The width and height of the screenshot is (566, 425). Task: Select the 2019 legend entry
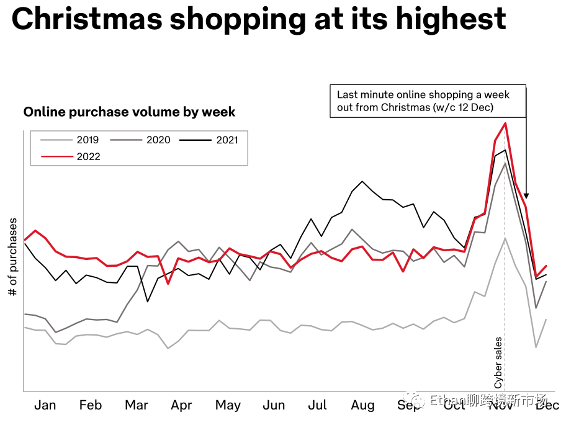pyautogui.click(x=88, y=140)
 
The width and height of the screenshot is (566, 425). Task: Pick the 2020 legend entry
pyautogui.click(x=158, y=140)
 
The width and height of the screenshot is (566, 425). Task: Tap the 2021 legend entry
pyautogui.click(x=227, y=140)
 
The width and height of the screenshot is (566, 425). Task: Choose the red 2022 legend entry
pyautogui.click(x=88, y=156)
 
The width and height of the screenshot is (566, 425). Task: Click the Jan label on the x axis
pyautogui.click(x=45, y=405)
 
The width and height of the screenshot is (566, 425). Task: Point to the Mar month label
pyautogui.click(x=137, y=405)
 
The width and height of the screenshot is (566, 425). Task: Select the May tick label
pyautogui.click(x=228, y=405)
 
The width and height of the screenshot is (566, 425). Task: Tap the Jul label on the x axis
pyautogui.click(x=317, y=405)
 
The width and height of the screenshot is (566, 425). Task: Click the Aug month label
pyautogui.click(x=363, y=405)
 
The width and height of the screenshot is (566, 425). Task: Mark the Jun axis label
pyautogui.click(x=274, y=405)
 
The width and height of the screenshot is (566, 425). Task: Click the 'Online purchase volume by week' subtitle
pyautogui.click(x=129, y=112)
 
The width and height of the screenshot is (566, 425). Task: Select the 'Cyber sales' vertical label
pyautogui.click(x=498, y=362)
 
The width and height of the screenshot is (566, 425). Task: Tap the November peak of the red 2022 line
pyautogui.click(x=506, y=123)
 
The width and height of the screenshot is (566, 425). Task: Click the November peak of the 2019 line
pyautogui.click(x=505, y=238)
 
